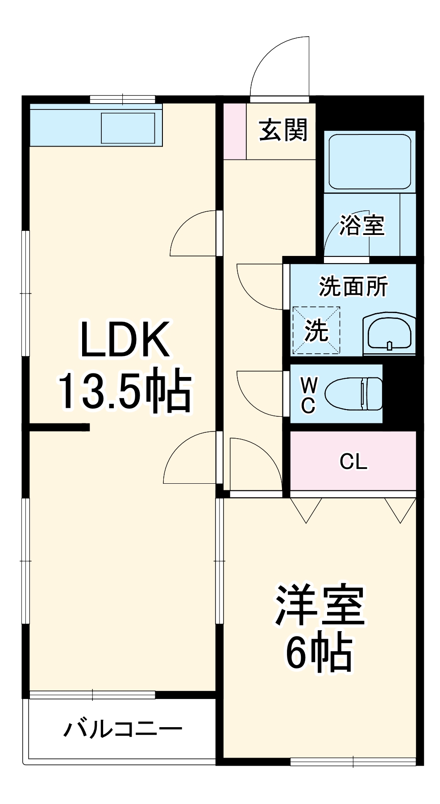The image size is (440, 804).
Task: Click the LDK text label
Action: (125, 339)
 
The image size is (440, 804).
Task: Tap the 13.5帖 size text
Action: (125, 389)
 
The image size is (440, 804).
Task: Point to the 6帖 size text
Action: (320, 652)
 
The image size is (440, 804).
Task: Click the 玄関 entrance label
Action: (283, 130)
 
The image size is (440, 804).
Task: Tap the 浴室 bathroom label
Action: (362, 225)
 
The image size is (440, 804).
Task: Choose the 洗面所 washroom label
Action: (353, 286)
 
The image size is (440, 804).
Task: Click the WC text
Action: (308, 395)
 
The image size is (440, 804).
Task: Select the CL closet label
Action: (353, 461)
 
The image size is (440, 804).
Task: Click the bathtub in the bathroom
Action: (370, 161)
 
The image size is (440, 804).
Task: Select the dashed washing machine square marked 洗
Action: (316, 331)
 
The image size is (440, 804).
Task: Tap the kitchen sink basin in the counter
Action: (128, 128)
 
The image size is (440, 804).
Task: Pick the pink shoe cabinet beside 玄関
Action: (235, 131)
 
